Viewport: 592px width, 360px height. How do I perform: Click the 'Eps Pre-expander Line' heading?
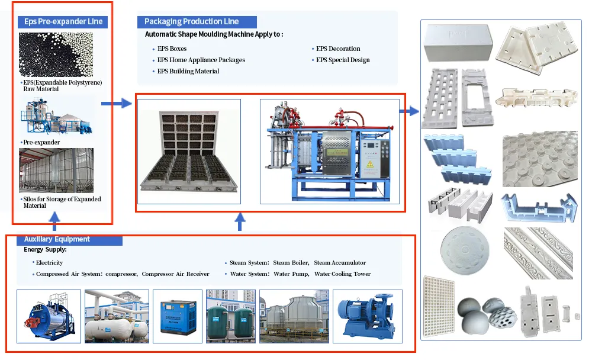(63, 21)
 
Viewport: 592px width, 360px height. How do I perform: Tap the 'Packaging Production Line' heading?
(191, 21)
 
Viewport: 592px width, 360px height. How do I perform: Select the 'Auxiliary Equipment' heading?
(57, 239)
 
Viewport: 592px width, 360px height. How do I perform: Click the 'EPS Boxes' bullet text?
(172, 49)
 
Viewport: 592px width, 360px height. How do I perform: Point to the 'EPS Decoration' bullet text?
(338, 49)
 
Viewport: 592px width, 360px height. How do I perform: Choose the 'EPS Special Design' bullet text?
(343, 60)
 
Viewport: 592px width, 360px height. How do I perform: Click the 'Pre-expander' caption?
(41, 143)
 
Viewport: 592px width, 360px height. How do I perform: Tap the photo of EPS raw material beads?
(56, 55)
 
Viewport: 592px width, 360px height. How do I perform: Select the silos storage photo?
(56, 171)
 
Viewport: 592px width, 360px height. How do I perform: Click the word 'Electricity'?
(50, 262)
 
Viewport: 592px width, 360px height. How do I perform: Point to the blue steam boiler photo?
(49, 317)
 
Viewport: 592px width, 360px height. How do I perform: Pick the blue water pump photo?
(368, 317)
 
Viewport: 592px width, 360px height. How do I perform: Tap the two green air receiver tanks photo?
(231, 317)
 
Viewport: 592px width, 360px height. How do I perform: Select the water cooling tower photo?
(294, 317)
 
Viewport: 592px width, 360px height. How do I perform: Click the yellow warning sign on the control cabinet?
(370, 165)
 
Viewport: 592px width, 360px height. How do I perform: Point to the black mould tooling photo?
(189, 152)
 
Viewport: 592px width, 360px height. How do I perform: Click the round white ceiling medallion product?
(465, 250)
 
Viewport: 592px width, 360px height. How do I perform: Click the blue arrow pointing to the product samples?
(409, 111)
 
